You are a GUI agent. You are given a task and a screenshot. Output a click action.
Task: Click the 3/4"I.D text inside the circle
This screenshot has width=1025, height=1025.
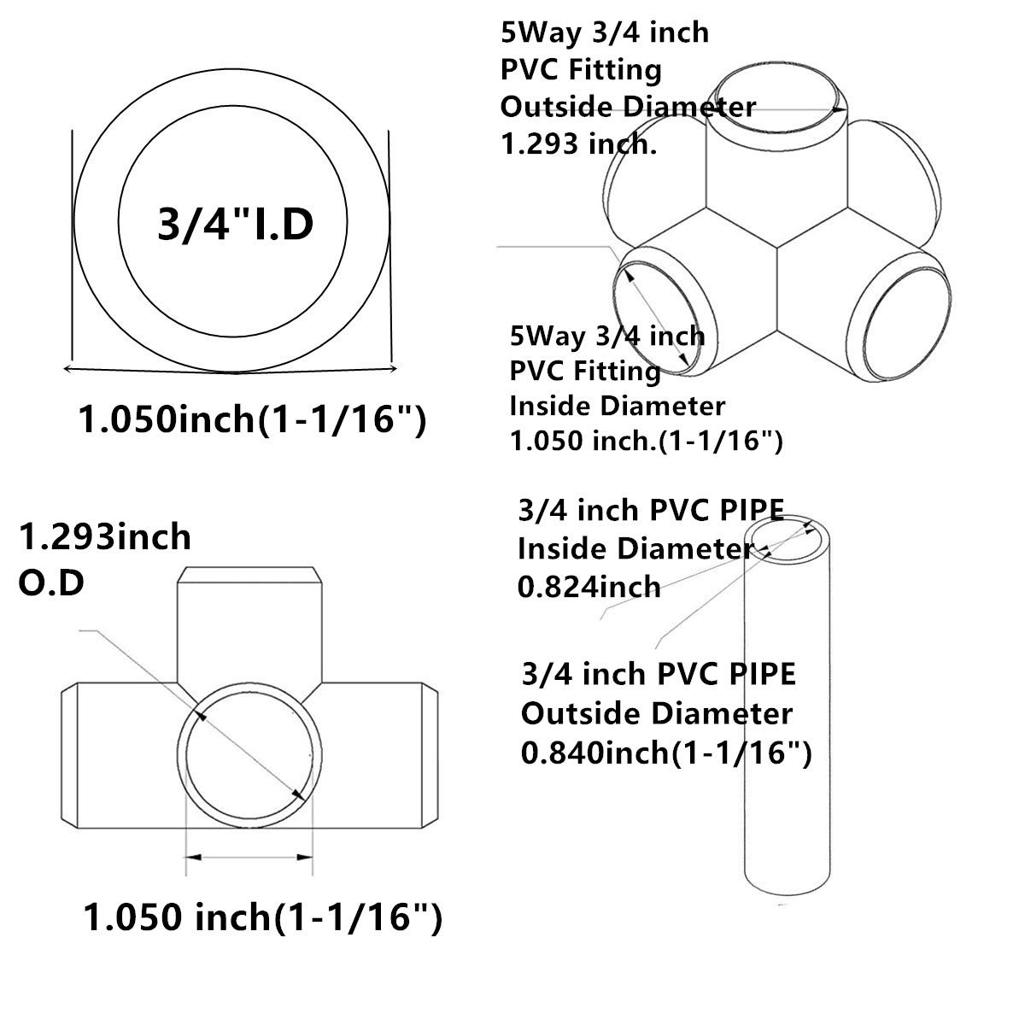(x=236, y=224)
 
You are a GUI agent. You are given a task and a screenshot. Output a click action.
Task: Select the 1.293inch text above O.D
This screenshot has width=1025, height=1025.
(x=105, y=537)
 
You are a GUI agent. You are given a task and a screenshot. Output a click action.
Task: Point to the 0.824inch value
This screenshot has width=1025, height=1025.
(x=589, y=586)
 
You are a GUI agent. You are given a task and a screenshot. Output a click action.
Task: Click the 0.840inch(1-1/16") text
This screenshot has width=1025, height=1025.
(x=666, y=752)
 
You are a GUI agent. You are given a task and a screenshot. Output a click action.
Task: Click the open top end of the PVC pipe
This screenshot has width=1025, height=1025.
(x=788, y=540)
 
